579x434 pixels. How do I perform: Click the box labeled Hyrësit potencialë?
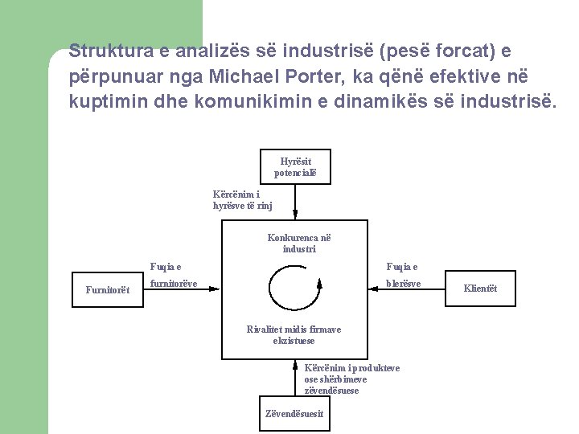295,166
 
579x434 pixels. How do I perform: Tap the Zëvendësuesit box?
294,414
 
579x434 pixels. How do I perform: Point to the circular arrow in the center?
294,286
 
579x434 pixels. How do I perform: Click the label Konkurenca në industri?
299,243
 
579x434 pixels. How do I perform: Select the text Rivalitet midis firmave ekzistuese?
294,335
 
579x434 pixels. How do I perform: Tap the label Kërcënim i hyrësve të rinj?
242,200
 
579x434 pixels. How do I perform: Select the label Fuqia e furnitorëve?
172,275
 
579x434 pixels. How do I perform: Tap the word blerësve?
403,283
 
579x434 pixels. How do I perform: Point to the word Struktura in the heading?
105,51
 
